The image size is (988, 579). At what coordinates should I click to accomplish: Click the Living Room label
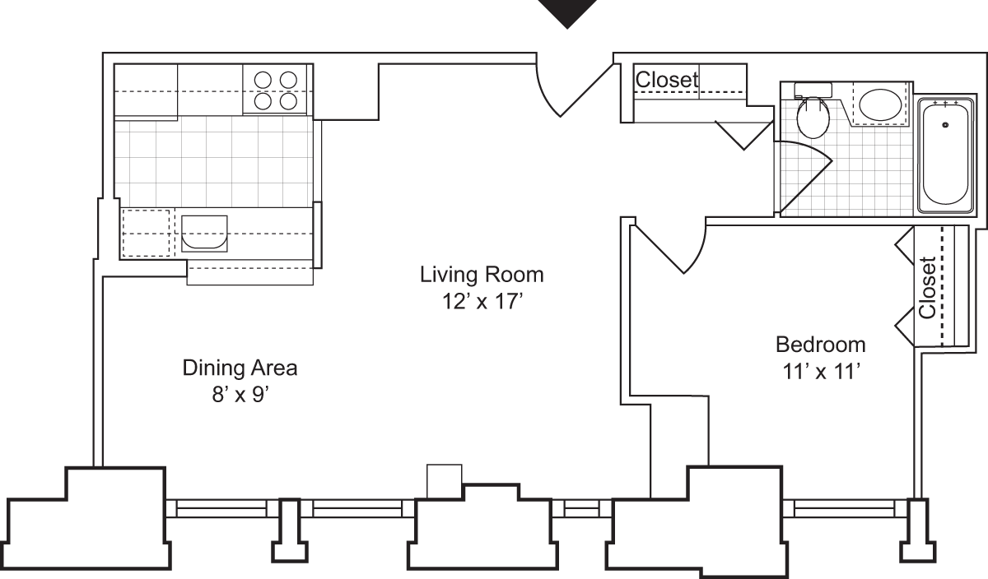click(482, 273)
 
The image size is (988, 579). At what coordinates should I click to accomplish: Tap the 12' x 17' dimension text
click(482, 301)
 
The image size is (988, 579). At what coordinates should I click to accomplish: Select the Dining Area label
click(240, 368)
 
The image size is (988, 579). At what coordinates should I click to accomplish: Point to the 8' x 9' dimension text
click(239, 396)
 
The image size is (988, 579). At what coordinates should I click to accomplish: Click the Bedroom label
click(821, 344)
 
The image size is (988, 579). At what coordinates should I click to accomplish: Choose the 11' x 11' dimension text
click(821, 372)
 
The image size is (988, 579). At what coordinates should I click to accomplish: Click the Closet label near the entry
click(667, 80)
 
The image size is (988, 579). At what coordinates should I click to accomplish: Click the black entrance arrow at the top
click(567, 13)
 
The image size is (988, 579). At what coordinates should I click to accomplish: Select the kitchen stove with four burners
click(275, 90)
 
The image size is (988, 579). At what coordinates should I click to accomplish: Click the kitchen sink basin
click(203, 233)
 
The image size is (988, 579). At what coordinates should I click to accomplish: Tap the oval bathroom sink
click(880, 104)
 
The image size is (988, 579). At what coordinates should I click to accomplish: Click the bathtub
click(945, 153)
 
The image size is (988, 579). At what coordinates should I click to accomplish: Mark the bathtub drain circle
click(945, 124)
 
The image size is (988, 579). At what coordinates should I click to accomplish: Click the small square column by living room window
click(445, 481)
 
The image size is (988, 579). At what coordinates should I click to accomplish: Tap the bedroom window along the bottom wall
click(844, 511)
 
